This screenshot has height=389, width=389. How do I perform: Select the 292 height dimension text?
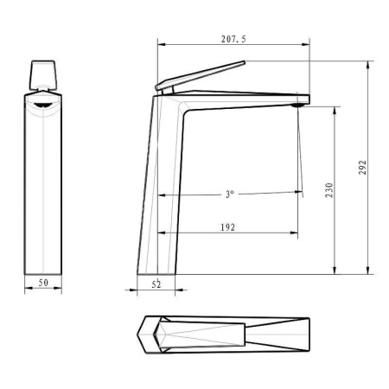(362, 167)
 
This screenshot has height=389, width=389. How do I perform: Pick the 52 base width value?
(156, 284)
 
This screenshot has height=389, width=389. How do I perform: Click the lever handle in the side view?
(201, 76)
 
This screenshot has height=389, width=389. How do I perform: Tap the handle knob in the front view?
(42, 75)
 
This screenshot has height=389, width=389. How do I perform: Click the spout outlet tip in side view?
(300, 104)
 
